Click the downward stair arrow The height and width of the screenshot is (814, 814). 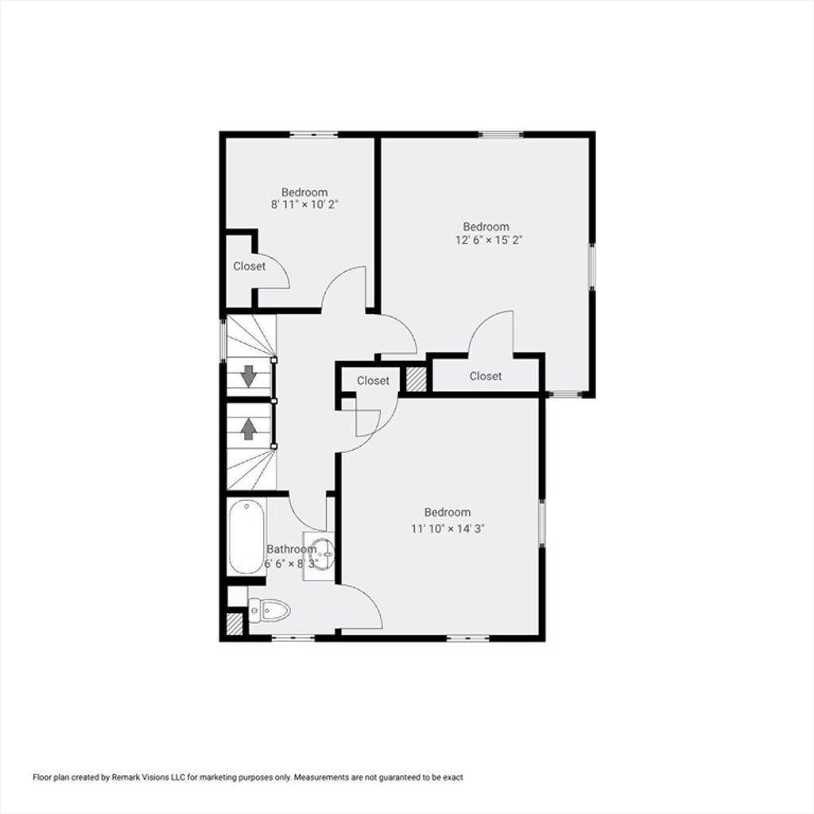[x=249, y=376]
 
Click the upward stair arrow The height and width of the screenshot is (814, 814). [x=249, y=428]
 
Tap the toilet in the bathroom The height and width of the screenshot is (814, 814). [x=269, y=610]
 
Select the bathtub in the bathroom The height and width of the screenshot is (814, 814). [x=247, y=537]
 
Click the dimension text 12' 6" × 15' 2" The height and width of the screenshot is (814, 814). [x=489, y=240]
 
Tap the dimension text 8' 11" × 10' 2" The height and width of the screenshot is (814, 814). [x=304, y=204]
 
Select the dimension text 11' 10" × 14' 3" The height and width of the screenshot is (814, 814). [x=448, y=529]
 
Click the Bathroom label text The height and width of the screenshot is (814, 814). [x=291, y=549]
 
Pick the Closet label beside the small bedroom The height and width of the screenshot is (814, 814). [x=249, y=266]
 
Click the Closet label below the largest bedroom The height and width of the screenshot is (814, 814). [x=486, y=376]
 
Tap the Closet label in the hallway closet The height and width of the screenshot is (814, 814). [x=373, y=381]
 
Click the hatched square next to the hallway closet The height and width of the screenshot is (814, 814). [x=416, y=379]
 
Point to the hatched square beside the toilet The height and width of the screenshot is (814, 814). [x=235, y=624]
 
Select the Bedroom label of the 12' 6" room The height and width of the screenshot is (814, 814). [x=486, y=227]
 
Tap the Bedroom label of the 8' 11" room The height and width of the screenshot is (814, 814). [x=304, y=192]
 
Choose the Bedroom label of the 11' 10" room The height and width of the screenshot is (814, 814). [x=448, y=513]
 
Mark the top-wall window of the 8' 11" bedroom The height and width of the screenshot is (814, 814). [x=313, y=135]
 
